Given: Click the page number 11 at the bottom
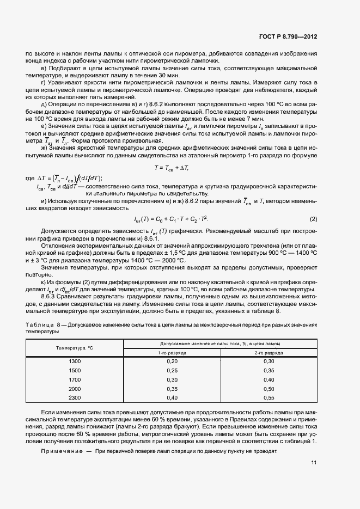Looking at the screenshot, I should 314,463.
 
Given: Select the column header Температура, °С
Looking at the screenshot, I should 74,348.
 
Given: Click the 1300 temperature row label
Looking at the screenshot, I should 74,361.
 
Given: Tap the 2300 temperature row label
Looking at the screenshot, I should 74,398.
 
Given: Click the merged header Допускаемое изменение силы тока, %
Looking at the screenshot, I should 220,344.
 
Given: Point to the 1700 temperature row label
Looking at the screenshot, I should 74,379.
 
